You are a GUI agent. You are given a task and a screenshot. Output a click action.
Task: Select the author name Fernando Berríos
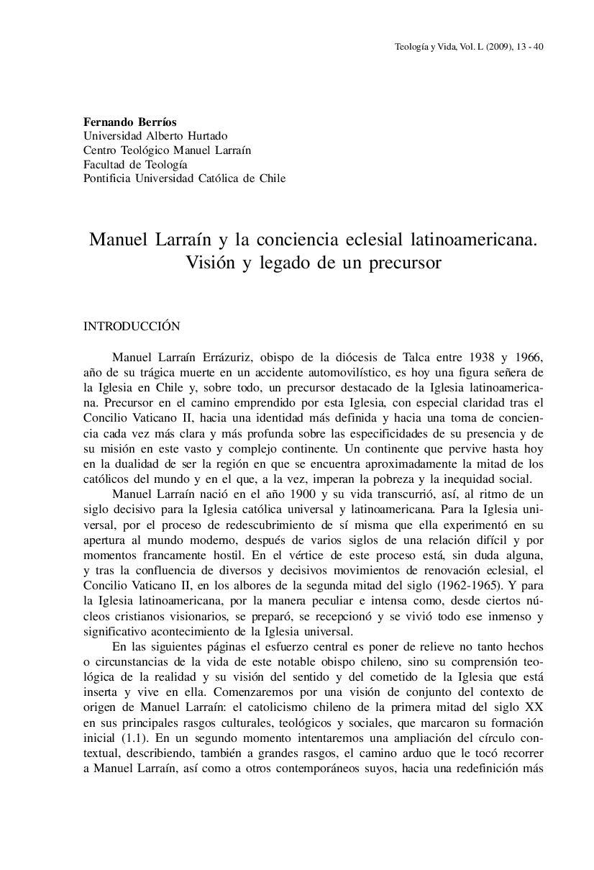click(130, 122)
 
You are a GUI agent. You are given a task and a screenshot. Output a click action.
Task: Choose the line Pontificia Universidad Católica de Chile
click(185, 178)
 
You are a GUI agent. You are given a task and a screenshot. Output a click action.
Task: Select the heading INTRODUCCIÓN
click(132, 326)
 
